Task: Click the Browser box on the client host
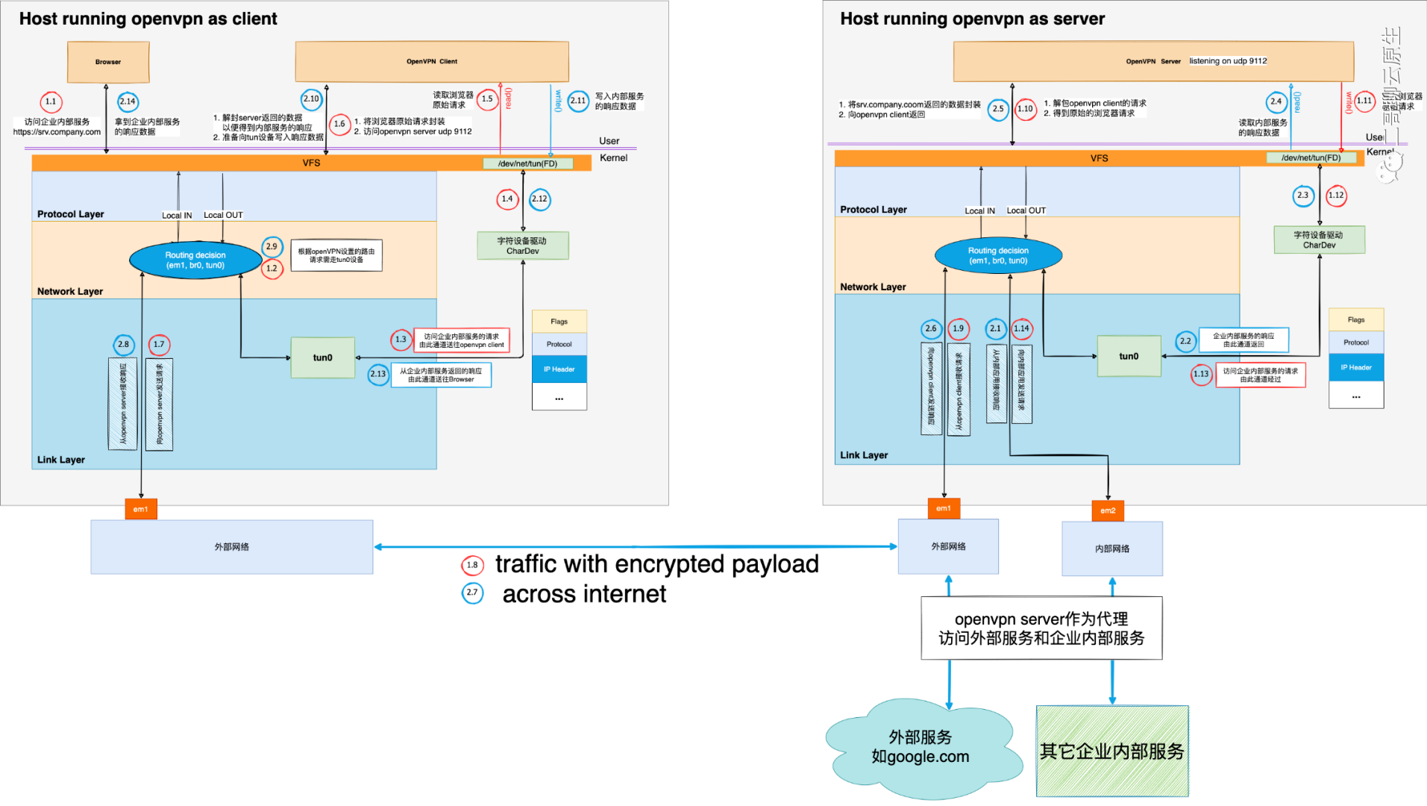[x=108, y=62]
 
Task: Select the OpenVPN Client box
[x=431, y=61]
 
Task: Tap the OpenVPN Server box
[x=1152, y=61]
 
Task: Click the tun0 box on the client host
[x=322, y=357]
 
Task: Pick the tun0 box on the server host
[x=1129, y=356]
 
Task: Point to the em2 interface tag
[x=1108, y=510]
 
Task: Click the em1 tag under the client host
[x=141, y=509]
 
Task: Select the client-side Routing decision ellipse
[x=195, y=260]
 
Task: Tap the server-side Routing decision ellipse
[x=998, y=255]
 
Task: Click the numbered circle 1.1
[x=51, y=101]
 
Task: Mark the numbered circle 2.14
[x=128, y=101]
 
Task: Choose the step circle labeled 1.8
[x=472, y=565]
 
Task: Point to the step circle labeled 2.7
[x=472, y=593]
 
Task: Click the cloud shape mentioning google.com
[x=921, y=747]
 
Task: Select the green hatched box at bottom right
[x=1112, y=752]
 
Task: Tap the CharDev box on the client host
[x=522, y=246]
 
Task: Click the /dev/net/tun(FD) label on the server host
[x=1311, y=157]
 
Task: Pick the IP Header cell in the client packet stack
[x=559, y=369]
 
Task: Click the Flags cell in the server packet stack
[x=1356, y=319]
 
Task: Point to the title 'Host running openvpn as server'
[x=972, y=19]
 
